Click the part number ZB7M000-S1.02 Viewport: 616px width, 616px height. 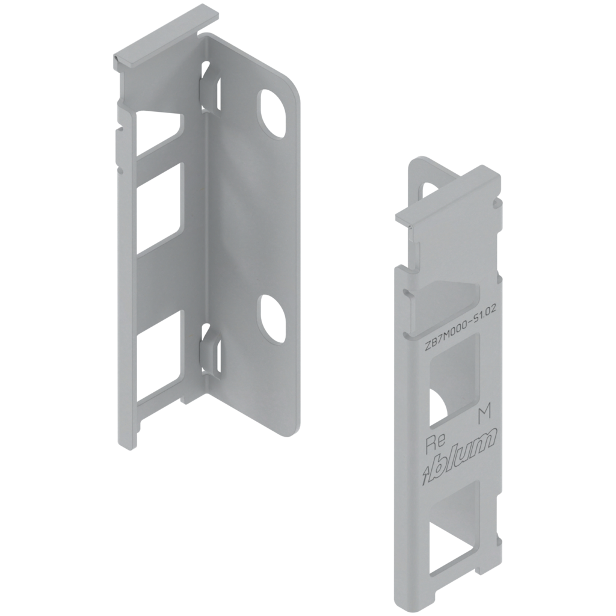click(460, 327)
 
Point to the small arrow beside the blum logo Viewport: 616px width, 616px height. click(425, 475)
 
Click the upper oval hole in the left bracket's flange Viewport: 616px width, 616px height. click(271, 114)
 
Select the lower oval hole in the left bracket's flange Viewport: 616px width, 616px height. click(271, 319)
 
